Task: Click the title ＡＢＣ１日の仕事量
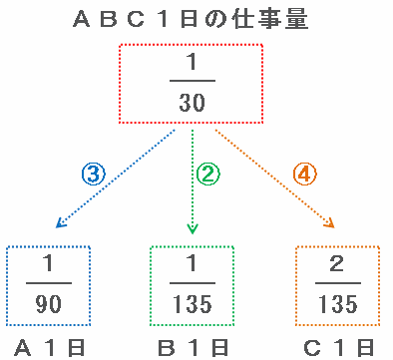[x=191, y=19]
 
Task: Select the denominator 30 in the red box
[x=193, y=103]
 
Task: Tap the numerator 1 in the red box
[x=192, y=62]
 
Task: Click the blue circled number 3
[x=94, y=174]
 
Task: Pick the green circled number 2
[x=207, y=174]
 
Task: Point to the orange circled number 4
[x=305, y=174]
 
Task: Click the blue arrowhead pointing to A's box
[x=61, y=223]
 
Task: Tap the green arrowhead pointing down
[x=193, y=229]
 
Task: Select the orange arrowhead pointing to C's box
[x=329, y=223]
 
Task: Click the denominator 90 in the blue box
[x=49, y=304]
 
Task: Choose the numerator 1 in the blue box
[x=49, y=263]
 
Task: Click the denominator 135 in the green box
[x=193, y=304]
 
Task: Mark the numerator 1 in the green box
[x=192, y=263]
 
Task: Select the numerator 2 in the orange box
[x=337, y=263]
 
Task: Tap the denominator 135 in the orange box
[x=338, y=304]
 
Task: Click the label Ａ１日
[x=50, y=348]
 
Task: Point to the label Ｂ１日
[x=193, y=348]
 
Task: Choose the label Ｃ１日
[x=338, y=348]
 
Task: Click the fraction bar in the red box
[x=193, y=81]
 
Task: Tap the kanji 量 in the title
[x=296, y=19]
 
